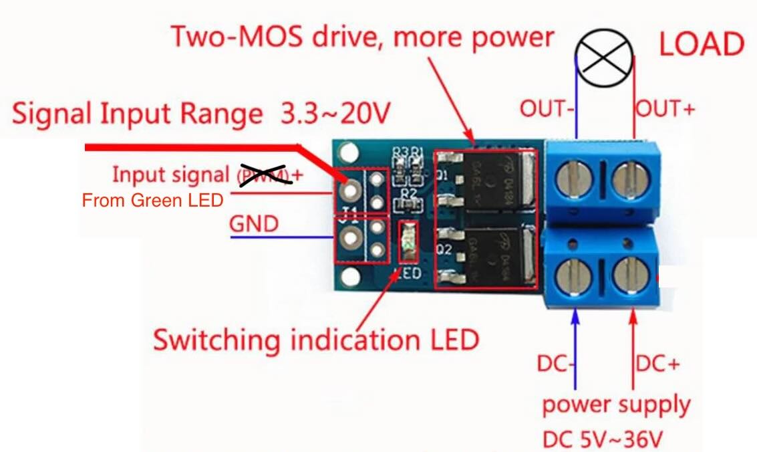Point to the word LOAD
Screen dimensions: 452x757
(701, 44)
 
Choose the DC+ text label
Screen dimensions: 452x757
(657, 364)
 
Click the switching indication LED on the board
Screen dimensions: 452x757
(406, 242)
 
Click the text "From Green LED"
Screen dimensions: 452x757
(152, 199)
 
